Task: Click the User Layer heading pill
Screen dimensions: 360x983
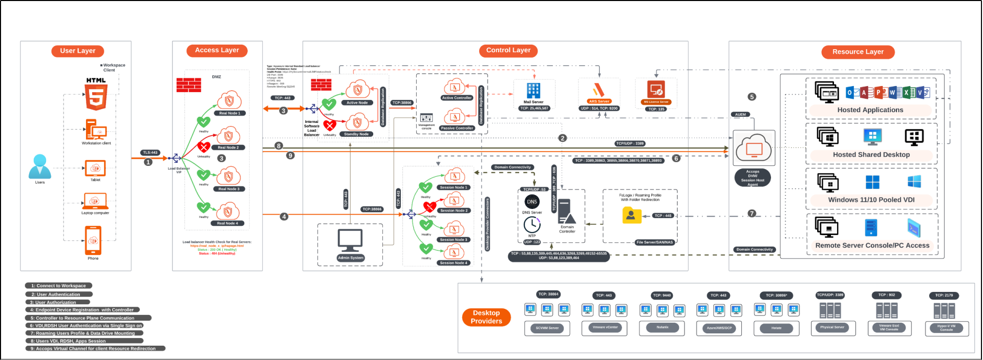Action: click(x=78, y=51)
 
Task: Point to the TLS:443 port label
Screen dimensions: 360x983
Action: click(x=151, y=153)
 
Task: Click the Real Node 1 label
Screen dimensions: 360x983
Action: click(x=229, y=113)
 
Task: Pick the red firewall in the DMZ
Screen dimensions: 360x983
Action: click(x=188, y=85)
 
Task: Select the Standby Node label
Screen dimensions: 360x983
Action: click(x=356, y=134)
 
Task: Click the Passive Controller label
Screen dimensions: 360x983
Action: click(x=457, y=128)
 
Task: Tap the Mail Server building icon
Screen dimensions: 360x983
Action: click(x=533, y=91)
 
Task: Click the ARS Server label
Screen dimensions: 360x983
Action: click(x=599, y=101)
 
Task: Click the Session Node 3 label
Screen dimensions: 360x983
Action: click(x=454, y=240)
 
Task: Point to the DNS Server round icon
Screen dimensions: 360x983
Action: click(x=532, y=202)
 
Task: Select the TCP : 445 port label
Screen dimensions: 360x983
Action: click(x=663, y=216)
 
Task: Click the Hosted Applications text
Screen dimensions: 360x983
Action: click(x=870, y=110)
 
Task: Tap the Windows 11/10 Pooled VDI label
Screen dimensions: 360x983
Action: click(x=871, y=200)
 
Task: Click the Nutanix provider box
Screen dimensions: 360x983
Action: click(x=662, y=327)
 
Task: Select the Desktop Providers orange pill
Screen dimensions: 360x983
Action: click(x=486, y=317)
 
